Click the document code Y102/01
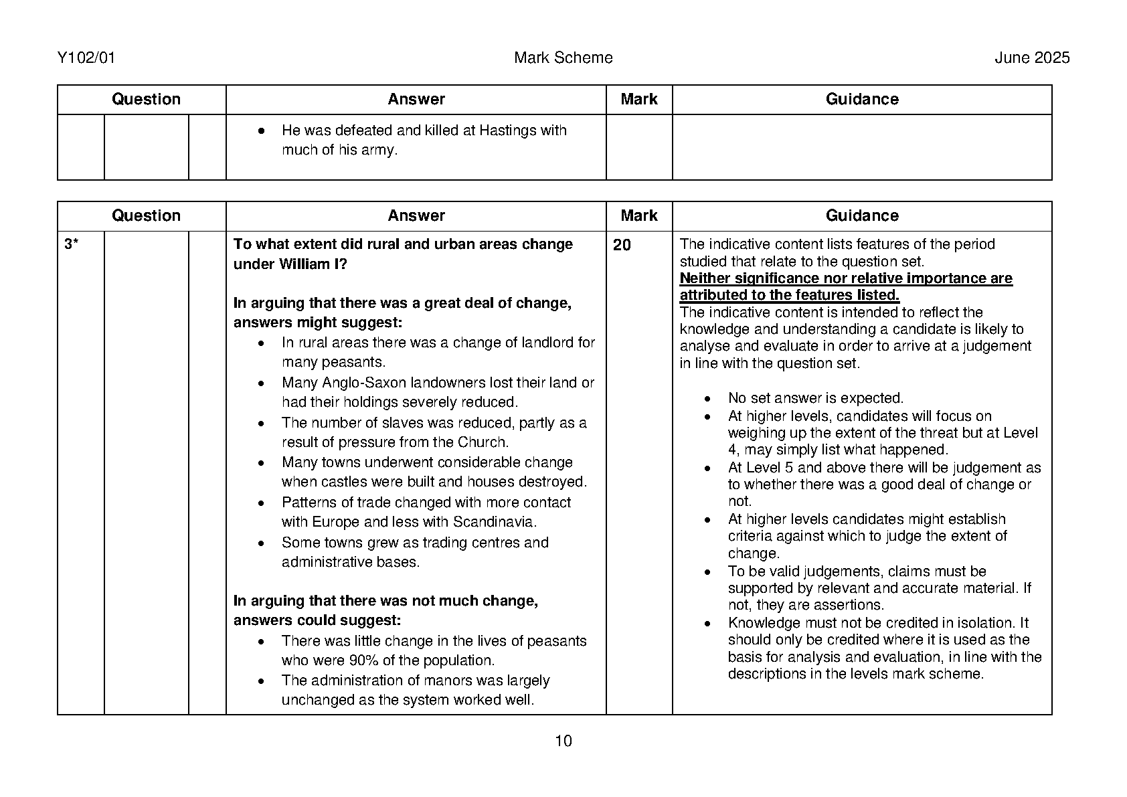pos(86,58)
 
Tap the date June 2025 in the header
pos(1031,58)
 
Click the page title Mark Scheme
pos(563,58)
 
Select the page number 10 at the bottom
pos(563,741)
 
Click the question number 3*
pos(71,245)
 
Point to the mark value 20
pos(622,246)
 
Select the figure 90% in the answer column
pos(365,660)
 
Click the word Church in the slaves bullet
pos(482,442)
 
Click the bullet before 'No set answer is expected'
pos(707,399)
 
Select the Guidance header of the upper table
pos(861,100)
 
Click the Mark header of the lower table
pos(638,215)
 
